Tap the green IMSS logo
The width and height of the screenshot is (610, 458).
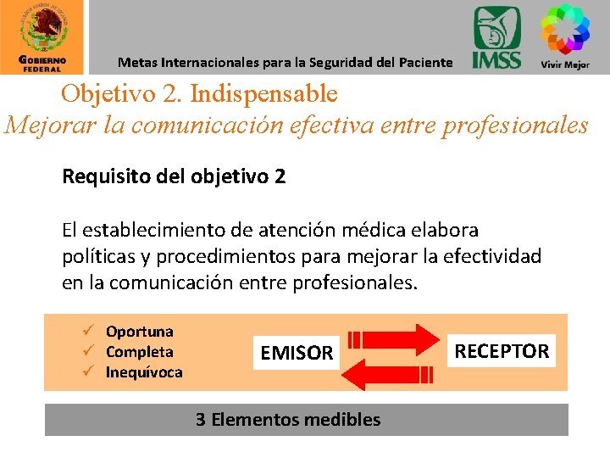pos(497,37)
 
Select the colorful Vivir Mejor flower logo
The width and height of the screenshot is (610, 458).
pos(565,29)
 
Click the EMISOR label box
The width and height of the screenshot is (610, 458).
pos(297,353)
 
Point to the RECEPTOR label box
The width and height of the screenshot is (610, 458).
pos(502,350)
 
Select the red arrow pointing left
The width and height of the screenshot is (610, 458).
pos(391,371)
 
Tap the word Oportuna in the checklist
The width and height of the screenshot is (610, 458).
pos(139,332)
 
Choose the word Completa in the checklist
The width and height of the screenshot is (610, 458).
pos(139,352)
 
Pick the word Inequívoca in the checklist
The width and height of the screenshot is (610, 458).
pos(143,372)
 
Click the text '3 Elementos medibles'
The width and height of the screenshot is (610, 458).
pos(288,419)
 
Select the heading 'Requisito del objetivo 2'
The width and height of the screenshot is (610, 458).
pos(174,177)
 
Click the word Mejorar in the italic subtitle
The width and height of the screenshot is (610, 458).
pos(53,126)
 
